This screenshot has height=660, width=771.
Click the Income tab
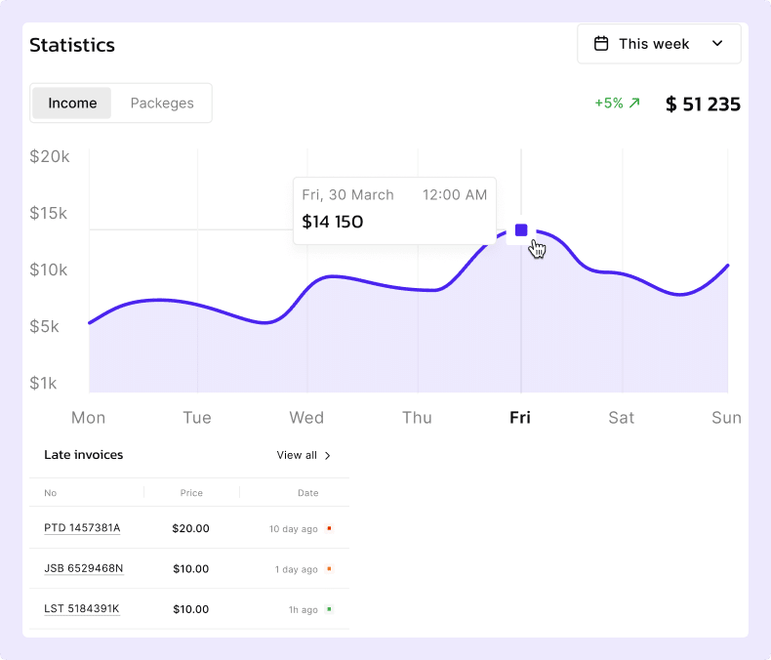point(72,103)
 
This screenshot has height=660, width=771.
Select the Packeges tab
point(162,103)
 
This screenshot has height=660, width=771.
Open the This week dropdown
point(659,44)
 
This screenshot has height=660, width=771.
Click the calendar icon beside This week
point(602,44)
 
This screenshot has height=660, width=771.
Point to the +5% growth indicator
point(617,103)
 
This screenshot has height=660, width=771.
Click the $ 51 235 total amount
point(703,103)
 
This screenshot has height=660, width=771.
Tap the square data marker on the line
point(521,230)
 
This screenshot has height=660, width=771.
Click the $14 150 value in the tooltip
point(333,222)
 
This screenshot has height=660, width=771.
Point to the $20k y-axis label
point(49,156)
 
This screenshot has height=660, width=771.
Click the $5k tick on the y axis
point(44,326)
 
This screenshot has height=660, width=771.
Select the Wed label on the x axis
point(306,418)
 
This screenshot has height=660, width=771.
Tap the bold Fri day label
point(520,418)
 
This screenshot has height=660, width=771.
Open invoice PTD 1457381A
point(82,528)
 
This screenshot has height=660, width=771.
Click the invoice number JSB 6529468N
point(83,568)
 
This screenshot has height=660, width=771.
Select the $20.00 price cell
point(190,528)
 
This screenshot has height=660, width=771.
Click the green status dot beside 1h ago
point(329,609)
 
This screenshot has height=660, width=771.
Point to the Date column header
point(308,493)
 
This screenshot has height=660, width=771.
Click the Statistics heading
point(72,45)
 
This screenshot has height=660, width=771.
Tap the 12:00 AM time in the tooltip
point(454,195)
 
